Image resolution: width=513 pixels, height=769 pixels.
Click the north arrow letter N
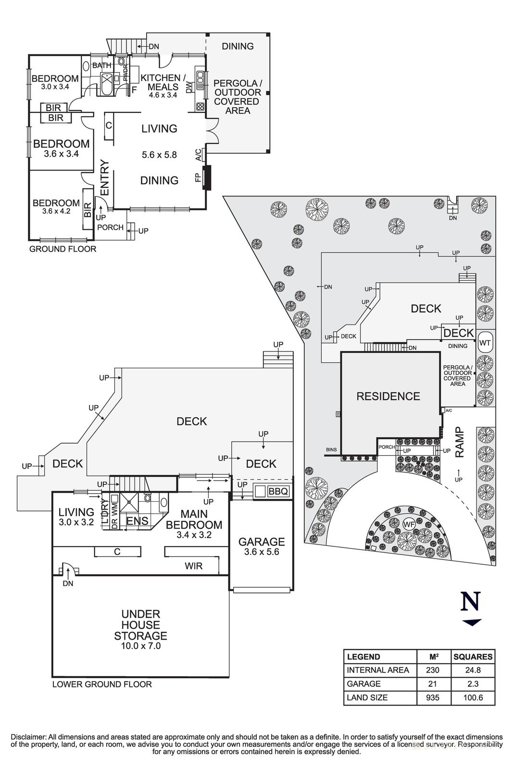[x=471, y=602]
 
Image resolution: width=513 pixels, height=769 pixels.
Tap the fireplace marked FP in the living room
[x=207, y=178]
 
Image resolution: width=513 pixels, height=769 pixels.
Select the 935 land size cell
[x=432, y=697]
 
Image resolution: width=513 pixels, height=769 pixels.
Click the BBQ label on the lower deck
[x=278, y=492]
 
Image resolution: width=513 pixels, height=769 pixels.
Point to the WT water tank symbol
[x=485, y=343]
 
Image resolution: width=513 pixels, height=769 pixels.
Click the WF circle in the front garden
[x=409, y=523]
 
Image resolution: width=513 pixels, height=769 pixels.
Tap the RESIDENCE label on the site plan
[x=388, y=397]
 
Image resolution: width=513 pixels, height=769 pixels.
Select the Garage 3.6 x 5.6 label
[x=262, y=546]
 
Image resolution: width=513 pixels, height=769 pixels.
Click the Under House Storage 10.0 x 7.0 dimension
[x=140, y=646]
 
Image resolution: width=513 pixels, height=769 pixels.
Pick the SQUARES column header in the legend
[x=473, y=657]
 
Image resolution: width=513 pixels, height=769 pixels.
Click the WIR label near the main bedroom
[x=194, y=566]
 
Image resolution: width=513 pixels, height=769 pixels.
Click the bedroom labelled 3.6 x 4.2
[x=56, y=207]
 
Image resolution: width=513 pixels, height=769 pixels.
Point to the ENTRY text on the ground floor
[x=105, y=177]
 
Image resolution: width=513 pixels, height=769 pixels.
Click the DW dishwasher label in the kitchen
[x=189, y=87]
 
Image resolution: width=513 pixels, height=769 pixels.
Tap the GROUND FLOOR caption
[x=63, y=249]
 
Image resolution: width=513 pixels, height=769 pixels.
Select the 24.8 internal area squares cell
[x=473, y=670]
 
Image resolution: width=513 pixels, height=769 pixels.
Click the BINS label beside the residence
[x=331, y=450]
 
